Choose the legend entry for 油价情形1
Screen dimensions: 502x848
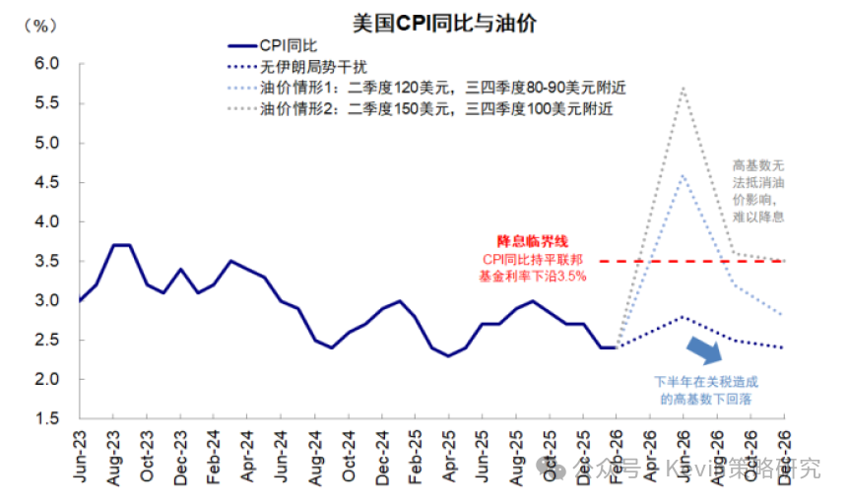pyautogui.click(x=443, y=88)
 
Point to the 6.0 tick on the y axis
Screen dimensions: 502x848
pyautogui.click(x=48, y=64)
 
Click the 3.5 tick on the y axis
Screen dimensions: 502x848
pyautogui.click(x=48, y=262)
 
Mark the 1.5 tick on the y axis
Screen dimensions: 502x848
pyautogui.click(x=48, y=419)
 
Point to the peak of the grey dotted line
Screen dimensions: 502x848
pyautogui.click(x=684, y=88)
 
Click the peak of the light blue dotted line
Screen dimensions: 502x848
pyautogui.click(x=684, y=175)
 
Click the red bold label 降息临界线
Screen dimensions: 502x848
pyautogui.click(x=532, y=241)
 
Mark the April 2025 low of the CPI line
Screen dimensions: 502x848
pyautogui.click(x=449, y=355)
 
